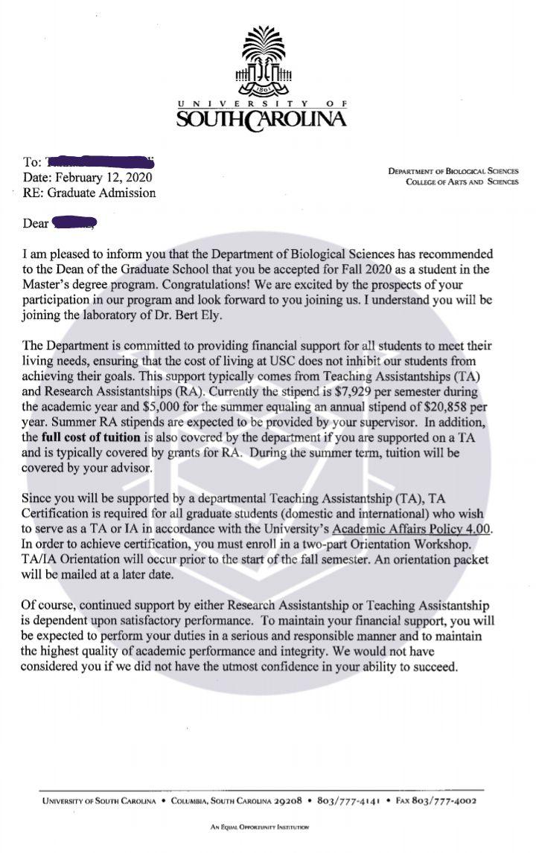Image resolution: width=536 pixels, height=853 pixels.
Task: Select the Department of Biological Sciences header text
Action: point(453,171)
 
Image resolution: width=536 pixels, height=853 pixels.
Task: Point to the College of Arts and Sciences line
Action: point(462,182)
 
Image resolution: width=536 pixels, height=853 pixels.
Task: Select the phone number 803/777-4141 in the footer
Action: point(349,801)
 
